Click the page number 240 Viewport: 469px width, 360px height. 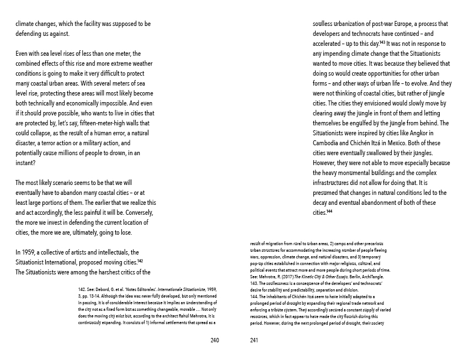215,340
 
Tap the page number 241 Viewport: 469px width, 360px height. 254,340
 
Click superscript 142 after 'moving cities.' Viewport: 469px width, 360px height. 140,261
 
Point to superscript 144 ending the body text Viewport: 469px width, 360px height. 329,211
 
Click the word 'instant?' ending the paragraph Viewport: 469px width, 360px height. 26,162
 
